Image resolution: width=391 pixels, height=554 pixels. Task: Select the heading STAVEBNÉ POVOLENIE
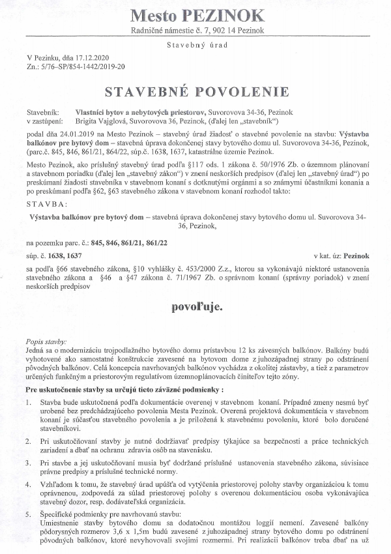pyautogui.click(x=196, y=90)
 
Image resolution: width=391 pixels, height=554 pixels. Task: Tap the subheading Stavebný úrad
pyautogui.click(x=195, y=46)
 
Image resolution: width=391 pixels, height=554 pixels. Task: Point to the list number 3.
pyautogui.click(x=30, y=462)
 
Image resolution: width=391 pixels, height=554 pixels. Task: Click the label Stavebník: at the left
pyautogui.click(x=43, y=112)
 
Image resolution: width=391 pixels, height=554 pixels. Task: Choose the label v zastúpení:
pyautogui.click(x=44, y=121)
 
